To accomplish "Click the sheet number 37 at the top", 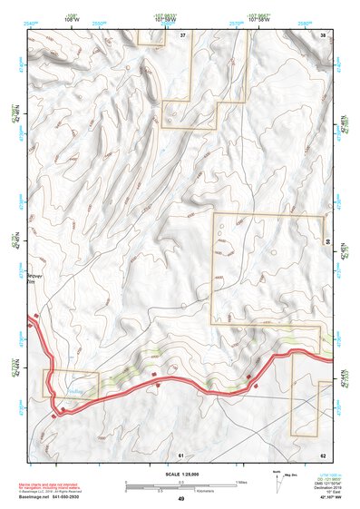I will [x=182, y=34].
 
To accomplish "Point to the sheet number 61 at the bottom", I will [x=181, y=454].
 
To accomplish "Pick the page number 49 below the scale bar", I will [x=181, y=499].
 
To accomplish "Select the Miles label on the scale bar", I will [x=240, y=481].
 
